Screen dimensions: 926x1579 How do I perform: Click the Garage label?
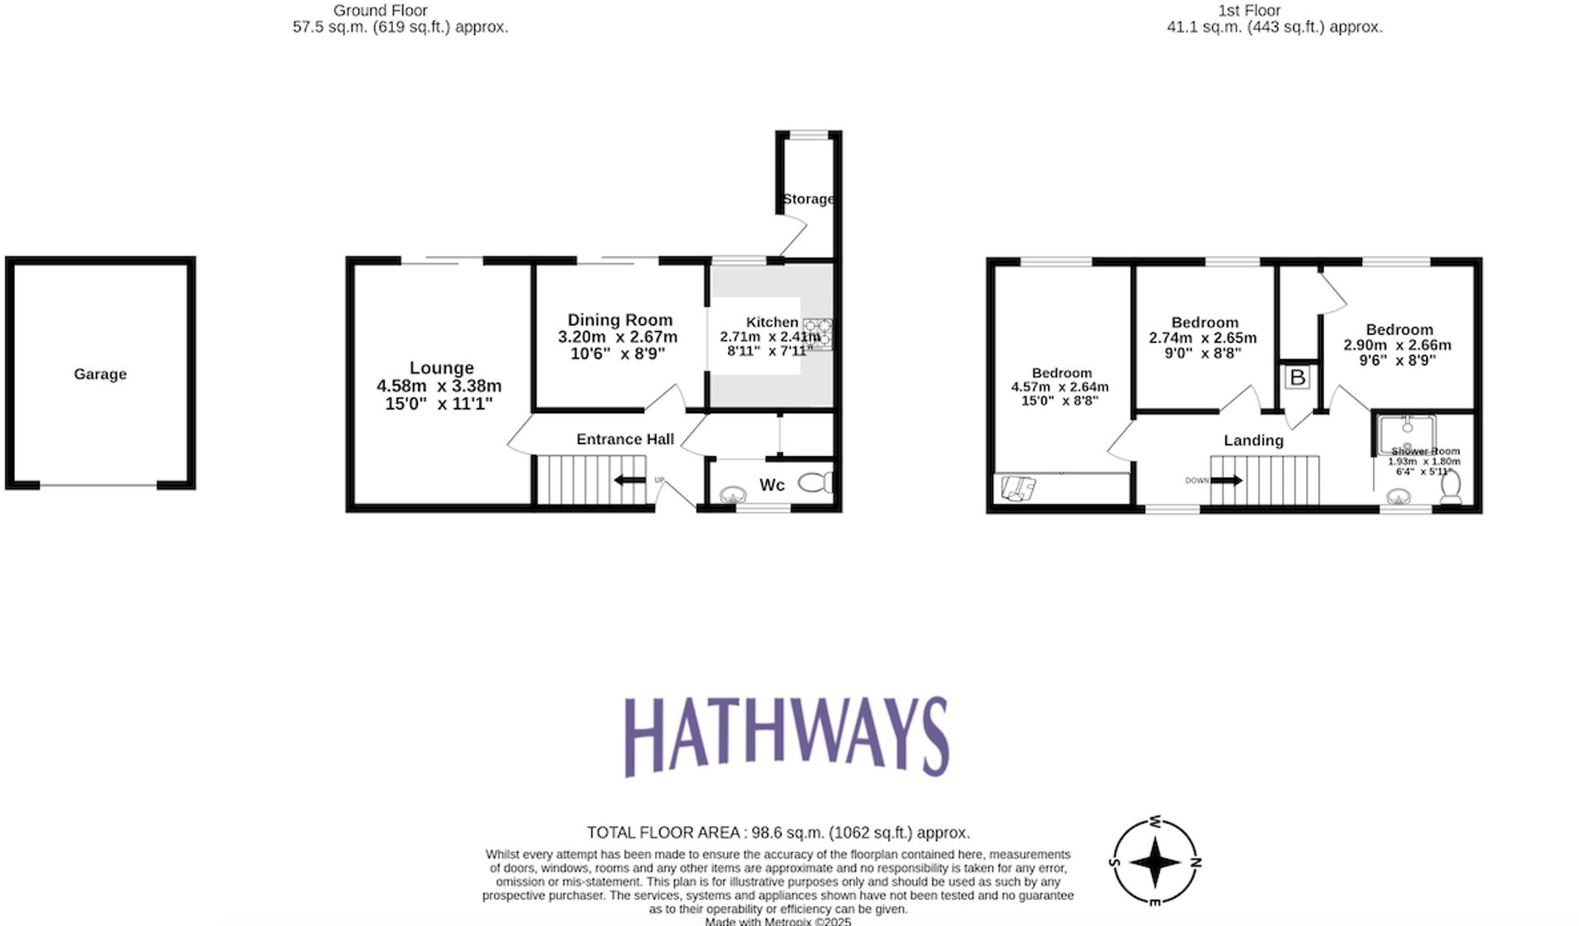(101, 374)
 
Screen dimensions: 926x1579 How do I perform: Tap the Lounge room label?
(441, 368)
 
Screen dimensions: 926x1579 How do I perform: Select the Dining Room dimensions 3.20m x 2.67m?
(617, 337)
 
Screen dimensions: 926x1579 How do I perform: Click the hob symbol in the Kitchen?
(818, 334)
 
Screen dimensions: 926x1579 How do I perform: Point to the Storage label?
(808, 199)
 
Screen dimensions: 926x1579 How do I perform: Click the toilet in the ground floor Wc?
(815, 482)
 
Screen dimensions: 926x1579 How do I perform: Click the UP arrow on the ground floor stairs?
(630, 480)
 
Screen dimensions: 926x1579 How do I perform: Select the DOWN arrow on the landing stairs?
(1227, 480)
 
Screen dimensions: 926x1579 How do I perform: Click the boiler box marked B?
(1297, 378)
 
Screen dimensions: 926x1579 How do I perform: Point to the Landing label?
(1253, 441)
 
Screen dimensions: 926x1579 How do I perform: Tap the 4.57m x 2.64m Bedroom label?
(1060, 387)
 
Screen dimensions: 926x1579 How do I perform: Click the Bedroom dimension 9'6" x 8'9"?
(1397, 361)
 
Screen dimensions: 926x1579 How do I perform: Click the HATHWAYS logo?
(786, 736)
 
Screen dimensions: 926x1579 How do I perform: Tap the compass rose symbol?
(1155, 861)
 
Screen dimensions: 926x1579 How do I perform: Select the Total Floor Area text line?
(778, 832)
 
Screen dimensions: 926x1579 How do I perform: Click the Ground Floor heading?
(381, 11)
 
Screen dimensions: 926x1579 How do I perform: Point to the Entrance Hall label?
(625, 439)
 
